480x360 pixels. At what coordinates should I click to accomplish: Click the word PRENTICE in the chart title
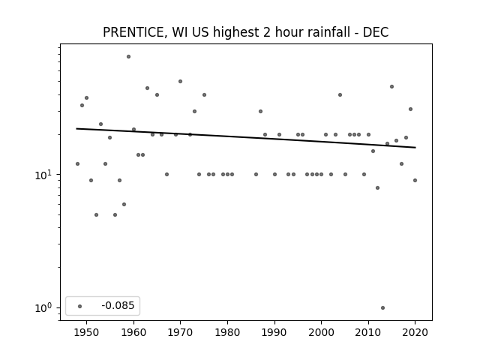pos(135,32)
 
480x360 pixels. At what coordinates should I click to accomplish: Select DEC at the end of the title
pos(376,32)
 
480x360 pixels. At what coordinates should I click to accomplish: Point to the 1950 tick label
pos(87,332)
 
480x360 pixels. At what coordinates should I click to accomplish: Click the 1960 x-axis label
pos(133,332)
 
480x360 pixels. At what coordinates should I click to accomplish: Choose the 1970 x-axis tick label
pos(180,332)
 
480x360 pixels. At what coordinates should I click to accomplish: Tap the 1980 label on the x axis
pos(227,332)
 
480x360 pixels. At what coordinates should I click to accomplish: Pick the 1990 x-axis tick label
pos(274,332)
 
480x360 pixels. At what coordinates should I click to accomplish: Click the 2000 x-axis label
pos(322,332)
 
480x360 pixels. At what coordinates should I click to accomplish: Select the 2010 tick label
pos(368,332)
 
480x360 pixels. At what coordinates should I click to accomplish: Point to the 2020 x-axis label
pos(415,332)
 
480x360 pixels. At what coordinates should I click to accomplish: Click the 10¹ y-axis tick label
pos(43,175)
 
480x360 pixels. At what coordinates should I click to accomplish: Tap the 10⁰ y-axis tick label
pos(43,307)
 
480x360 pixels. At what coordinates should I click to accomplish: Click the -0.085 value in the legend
pos(118,305)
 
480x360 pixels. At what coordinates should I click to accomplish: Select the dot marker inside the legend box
pos(80,306)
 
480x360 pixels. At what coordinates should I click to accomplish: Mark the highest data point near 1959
pos(128,57)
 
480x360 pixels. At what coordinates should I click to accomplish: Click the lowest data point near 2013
pos(382,307)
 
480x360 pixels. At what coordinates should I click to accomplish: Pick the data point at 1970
pos(180,82)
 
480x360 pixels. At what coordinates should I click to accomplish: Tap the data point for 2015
pos(391,87)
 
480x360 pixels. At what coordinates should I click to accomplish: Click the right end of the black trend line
pos(415,148)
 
